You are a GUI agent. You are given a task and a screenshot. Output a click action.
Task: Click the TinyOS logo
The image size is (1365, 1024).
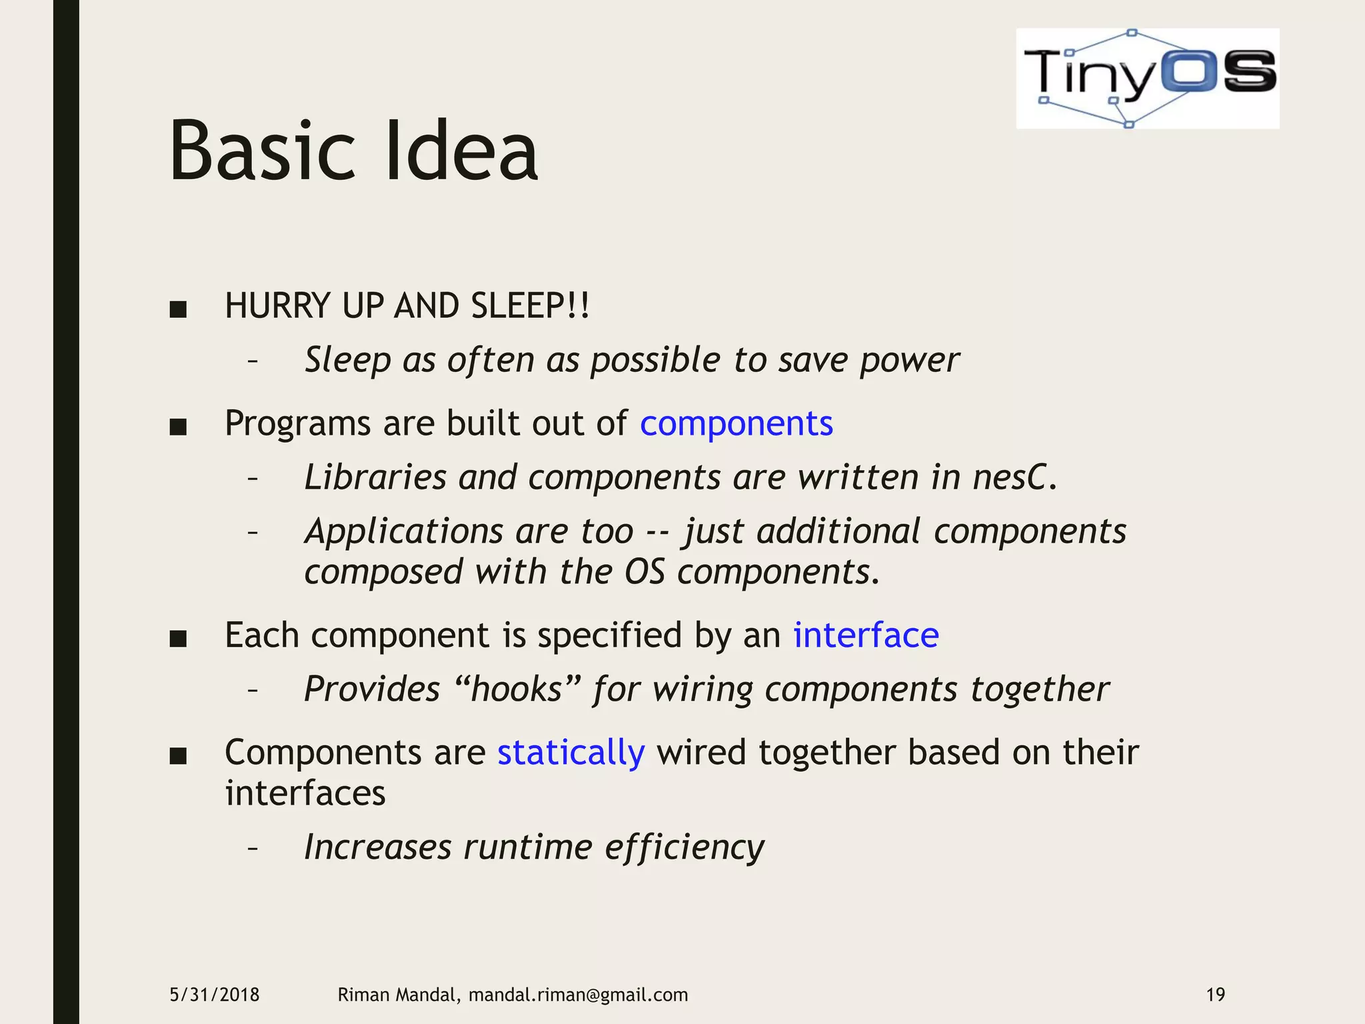pyautogui.click(x=1147, y=78)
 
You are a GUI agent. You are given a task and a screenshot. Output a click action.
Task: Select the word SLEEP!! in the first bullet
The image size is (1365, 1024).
pyautogui.click(x=530, y=307)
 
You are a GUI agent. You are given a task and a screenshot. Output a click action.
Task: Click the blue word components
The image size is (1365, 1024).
pyautogui.click(x=736, y=424)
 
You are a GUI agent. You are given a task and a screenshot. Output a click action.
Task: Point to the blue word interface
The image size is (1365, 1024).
pyautogui.click(x=865, y=635)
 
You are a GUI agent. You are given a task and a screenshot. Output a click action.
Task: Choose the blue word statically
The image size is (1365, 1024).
pyautogui.click(x=571, y=753)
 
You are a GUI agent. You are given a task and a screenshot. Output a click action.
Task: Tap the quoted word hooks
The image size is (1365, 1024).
pyautogui.click(x=517, y=689)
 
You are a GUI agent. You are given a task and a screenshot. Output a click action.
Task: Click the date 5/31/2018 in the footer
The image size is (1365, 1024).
pyautogui.click(x=215, y=995)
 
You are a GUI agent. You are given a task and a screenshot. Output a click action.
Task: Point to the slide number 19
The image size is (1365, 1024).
pyautogui.click(x=1215, y=995)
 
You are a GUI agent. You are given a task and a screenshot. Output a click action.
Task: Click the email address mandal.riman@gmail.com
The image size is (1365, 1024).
pyautogui.click(x=578, y=995)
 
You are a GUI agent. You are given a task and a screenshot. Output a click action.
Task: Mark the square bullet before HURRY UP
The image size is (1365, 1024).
pyautogui.click(x=178, y=309)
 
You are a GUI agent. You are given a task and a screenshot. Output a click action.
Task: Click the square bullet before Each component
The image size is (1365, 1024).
pyautogui.click(x=178, y=639)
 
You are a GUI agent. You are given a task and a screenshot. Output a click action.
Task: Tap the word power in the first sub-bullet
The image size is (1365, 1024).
pyautogui.click(x=909, y=361)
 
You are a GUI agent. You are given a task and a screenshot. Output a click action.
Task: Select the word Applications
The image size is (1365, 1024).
pyautogui.click(x=403, y=532)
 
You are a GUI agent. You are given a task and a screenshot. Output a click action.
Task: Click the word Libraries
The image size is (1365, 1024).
pyautogui.click(x=375, y=478)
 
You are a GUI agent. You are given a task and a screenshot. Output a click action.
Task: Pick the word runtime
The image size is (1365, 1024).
pyautogui.click(x=528, y=848)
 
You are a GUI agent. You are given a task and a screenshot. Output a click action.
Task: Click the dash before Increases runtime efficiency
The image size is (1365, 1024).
pyautogui.click(x=252, y=849)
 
